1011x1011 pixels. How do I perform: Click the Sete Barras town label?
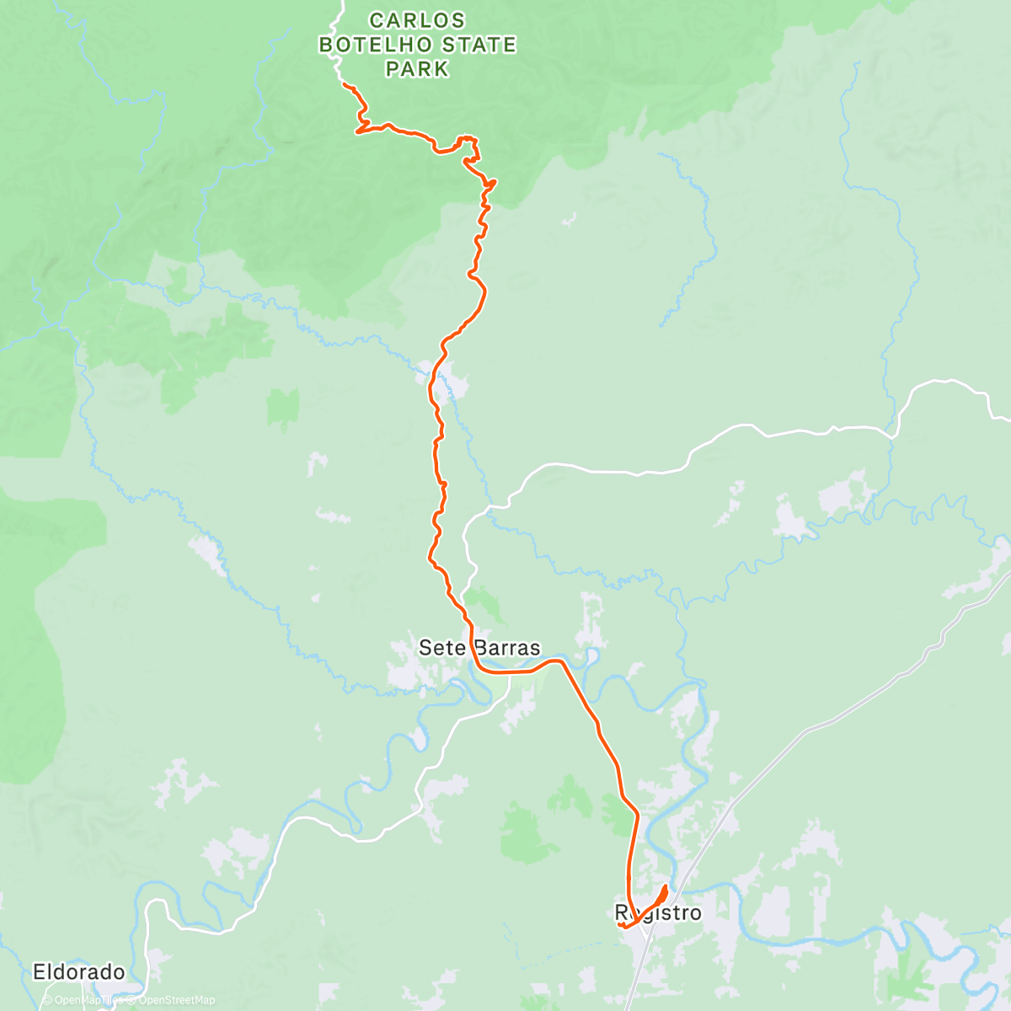[x=479, y=648]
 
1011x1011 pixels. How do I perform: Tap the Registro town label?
[x=658, y=913]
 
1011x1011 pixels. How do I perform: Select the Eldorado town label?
[x=78, y=971]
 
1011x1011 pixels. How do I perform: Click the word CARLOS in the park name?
[x=417, y=20]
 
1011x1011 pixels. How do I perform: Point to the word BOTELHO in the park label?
[x=376, y=45]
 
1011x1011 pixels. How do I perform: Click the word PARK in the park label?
[x=417, y=69]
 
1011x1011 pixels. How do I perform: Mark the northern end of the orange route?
[x=345, y=86]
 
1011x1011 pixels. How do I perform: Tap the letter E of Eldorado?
[x=39, y=971]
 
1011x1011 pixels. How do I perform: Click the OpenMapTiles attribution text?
[x=87, y=1000]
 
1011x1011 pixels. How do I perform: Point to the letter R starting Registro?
[x=622, y=913]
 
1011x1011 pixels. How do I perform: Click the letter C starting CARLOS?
[x=377, y=20]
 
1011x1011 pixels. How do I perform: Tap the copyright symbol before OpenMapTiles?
[x=47, y=1000]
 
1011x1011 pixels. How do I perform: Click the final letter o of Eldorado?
[x=119, y=972]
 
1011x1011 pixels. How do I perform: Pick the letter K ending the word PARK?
[x=442, y=69]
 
